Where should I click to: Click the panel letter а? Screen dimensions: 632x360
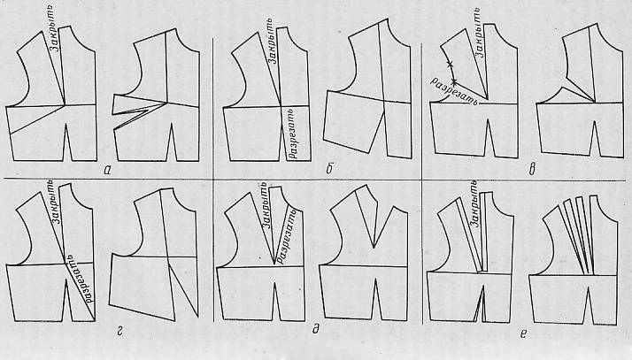click(107, 171)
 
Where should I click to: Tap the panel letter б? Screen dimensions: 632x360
click(329, 170)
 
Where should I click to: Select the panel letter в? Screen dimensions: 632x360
click(532, 170)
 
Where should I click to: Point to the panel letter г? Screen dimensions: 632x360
click(119, 333)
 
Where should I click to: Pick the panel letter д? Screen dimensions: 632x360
click(316, 330)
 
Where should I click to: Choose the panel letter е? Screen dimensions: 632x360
click(523, 333)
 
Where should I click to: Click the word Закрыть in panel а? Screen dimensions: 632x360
click(55, 32)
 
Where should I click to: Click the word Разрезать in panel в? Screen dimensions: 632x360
click(453, 91)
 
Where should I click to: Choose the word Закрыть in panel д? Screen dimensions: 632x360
click(264, 205)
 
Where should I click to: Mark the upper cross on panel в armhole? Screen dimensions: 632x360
click(450, 64)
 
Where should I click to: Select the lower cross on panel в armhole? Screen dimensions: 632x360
click(454, 82)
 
